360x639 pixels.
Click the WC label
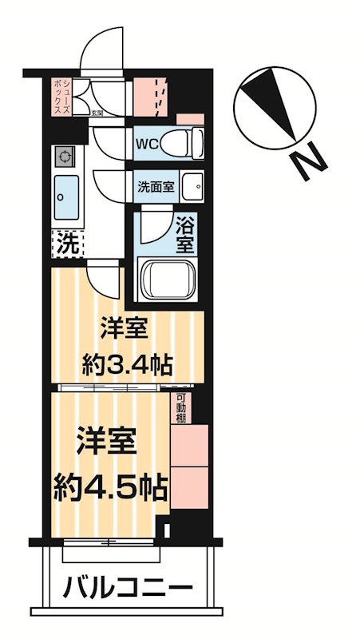(x=148, y=145)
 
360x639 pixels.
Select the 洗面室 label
(x=156, y=189)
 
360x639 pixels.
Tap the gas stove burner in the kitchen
(x=63, y=155)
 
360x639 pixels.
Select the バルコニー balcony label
(x=128, y=592)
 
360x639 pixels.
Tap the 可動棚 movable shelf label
(x=182, y=409)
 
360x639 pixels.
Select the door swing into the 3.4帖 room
(x=103, y=281)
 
